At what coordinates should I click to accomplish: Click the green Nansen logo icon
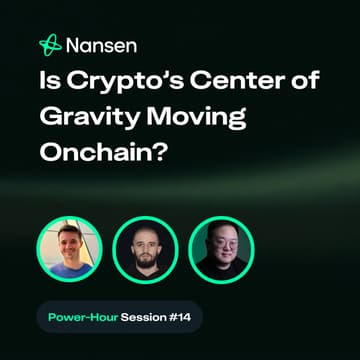click(50, 44)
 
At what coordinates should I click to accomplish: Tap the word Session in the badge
click(144, 317)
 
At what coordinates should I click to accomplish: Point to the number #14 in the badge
click(181, 317)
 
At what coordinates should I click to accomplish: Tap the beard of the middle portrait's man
click(145, 256)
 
